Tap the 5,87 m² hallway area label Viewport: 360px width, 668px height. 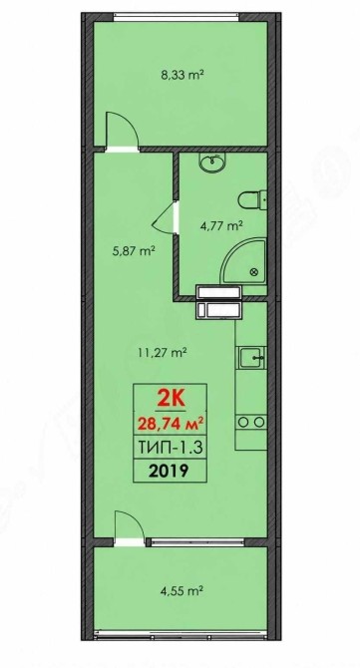133,250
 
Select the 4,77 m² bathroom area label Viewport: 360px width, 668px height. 221,225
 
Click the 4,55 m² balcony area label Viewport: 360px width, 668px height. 181,591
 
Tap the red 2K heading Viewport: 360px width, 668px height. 171,400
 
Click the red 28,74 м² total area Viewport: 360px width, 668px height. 170,425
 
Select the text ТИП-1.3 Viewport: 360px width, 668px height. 170,448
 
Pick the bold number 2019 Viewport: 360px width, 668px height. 170,471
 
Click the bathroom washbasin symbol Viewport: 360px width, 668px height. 212,162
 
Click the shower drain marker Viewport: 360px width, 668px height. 255,272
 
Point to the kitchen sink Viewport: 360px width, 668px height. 252,357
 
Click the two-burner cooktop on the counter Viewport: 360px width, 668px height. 251,422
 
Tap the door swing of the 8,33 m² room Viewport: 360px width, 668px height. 123,130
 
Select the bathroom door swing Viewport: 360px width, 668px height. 165,217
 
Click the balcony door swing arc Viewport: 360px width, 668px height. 130,525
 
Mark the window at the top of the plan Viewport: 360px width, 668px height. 177,17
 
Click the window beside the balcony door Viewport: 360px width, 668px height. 197,542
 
